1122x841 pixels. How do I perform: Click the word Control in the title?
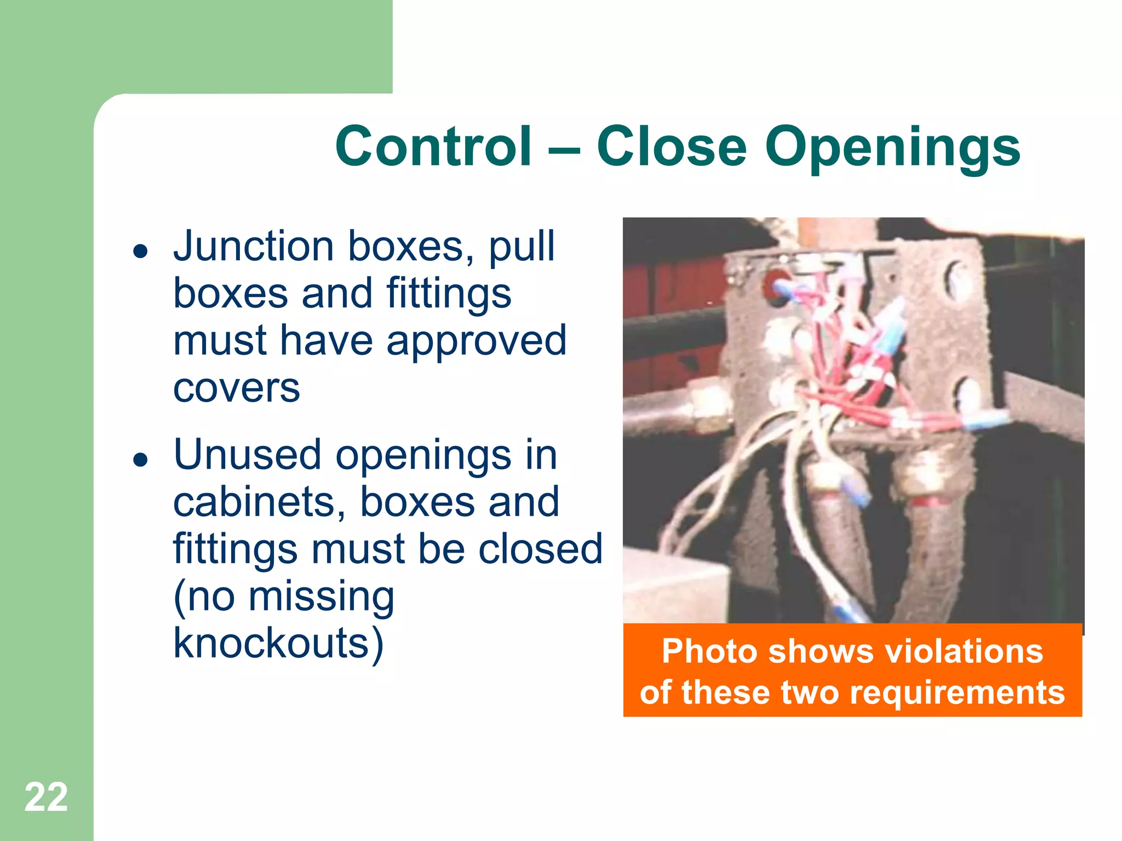[x=433, y=146]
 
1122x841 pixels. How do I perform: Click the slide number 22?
[x=46, y=797]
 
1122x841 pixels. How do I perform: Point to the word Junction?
[x=253, y=246]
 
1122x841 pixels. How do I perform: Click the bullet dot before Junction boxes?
[x=141, y=251]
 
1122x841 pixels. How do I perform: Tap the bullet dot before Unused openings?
[x=141, y=460]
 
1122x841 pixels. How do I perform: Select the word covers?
[x=237, y=388]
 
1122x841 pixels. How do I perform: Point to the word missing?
[x=321, y=597]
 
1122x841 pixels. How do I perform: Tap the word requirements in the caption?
[x=957, y=692]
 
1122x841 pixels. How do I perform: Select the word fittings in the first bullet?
[x=449, y=295]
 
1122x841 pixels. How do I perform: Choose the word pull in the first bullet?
[x=522, y=247]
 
